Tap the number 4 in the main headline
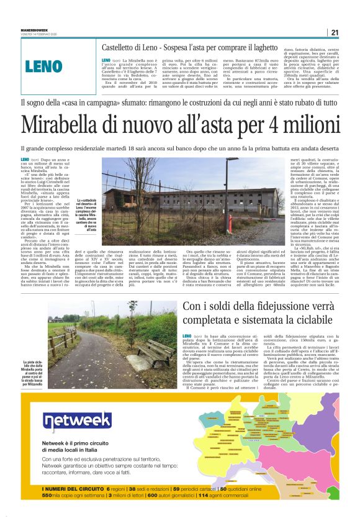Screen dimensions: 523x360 pyautogui.click(x=280, y=125)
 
